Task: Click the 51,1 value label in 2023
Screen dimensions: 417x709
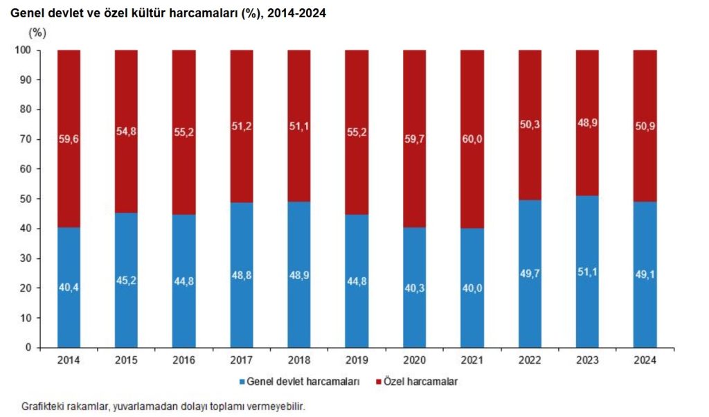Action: [587, 272]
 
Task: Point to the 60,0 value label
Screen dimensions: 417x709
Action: [472, 139]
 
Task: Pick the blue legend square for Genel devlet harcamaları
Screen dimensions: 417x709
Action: [243, 382]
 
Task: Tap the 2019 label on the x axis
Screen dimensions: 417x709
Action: [357, 360]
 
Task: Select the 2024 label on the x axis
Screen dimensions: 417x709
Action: [645, 360]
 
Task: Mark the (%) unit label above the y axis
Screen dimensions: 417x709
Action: [37, 33]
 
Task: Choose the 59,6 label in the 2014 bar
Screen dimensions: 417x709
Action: [69, 139]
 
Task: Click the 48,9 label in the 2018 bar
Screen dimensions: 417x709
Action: [299, 276]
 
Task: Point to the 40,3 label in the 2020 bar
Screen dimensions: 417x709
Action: [415, 288]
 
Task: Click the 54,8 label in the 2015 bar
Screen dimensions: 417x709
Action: [127, 131]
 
